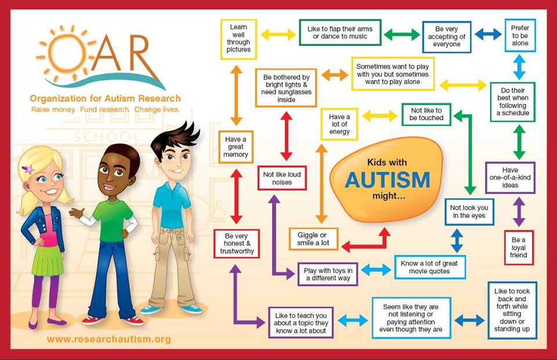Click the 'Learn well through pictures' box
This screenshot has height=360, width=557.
[x=239, y=39]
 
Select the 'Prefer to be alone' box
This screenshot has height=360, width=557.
[x=520, y=35]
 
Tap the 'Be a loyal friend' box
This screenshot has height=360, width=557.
[x=519, y=247]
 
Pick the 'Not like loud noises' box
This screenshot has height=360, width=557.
[x=282, y=177]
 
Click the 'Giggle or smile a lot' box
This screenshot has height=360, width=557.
[x=313, y=239]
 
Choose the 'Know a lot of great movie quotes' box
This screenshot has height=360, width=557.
[x=429, y=267]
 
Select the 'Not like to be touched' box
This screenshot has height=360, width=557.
[x=427, y=114]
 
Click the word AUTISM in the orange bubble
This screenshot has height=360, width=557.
[x=387, y=180]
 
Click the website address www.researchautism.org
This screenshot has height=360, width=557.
[x=109, y=339]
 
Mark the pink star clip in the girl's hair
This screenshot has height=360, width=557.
[x=27, y=170]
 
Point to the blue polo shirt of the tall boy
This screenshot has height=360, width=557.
[x=172, y=204]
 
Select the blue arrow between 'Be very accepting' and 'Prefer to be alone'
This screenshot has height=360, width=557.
[x=488, y=34]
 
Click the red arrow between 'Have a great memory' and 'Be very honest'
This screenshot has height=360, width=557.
[x=236, y=196]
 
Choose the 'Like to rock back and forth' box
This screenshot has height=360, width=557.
[x=512, y=310]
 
